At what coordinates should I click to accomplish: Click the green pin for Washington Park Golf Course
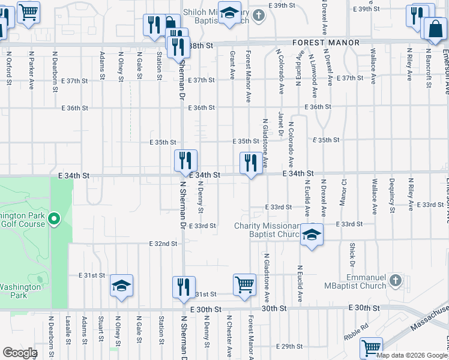[x=54, y=219]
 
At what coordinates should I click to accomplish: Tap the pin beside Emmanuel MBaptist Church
[x=395, y=280]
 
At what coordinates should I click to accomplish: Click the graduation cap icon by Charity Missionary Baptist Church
[x=312, y=235]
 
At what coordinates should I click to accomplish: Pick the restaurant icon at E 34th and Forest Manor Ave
[x=250, y=163]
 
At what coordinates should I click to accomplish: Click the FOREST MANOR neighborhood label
[x=326, y=43]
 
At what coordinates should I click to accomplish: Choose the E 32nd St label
[x=163, y=244]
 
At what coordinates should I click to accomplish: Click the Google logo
[x=19, y=353]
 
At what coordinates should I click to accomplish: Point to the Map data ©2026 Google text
[x=411, y=355]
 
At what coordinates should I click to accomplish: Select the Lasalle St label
[x=69, y=330]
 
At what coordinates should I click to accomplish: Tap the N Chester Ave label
[x=229, y=332]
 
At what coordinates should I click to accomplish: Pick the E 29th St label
[x=289, y=346]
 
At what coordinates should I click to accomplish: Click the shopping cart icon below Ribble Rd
[x=371, y=348]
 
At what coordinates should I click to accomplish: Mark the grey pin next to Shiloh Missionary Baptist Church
[x=259, y=15]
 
